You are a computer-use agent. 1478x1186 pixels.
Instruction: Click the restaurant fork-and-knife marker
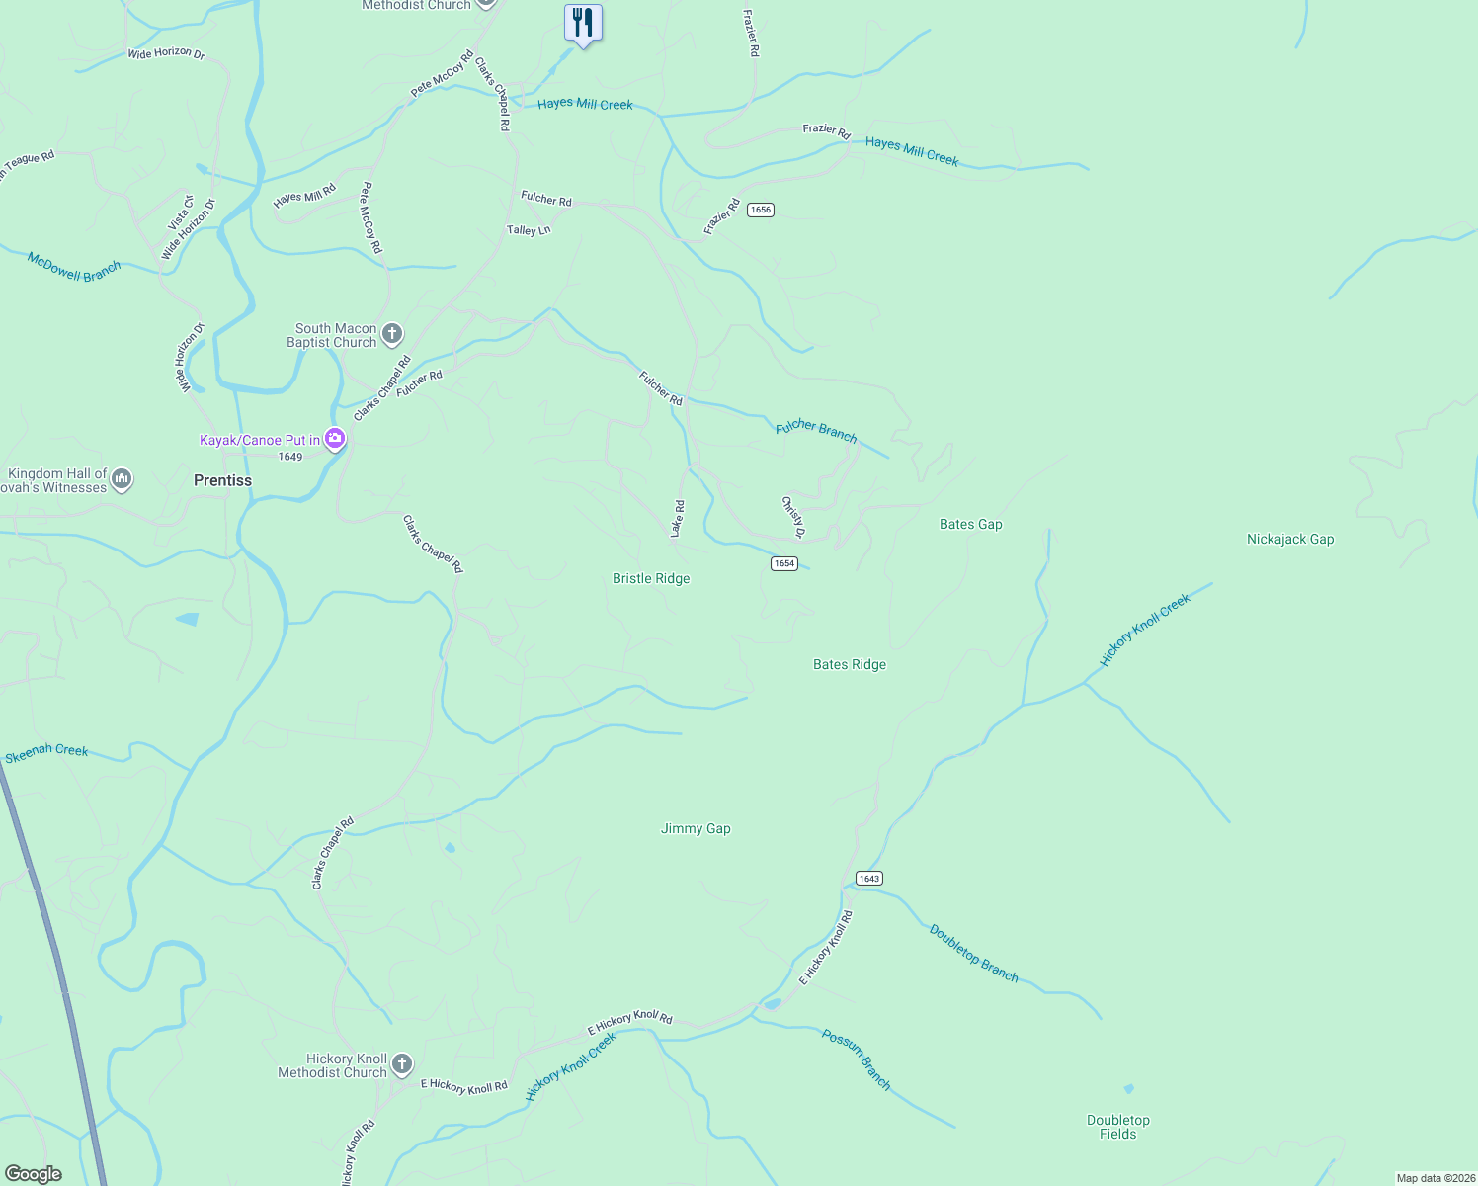(x=583, y=23)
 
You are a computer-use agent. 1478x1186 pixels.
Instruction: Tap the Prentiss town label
(x=222, y=480)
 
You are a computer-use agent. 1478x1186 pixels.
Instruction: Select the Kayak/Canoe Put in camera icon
(x=335, y=438)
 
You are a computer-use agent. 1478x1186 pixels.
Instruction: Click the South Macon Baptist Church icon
(x=392, y=334)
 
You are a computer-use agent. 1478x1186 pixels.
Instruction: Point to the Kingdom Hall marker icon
(x=122, y=479)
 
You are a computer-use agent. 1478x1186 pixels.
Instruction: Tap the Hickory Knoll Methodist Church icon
(x=401, y=1064)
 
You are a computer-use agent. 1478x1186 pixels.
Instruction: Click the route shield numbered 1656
(x=760, y=210)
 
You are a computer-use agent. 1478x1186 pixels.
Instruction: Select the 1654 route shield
(x=783, y=563)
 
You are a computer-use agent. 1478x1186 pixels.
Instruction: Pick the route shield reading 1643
(x=868, y=879)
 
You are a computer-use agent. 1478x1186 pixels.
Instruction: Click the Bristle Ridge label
(x=651, y=579)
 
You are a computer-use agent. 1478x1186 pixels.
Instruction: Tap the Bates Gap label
(x=970, y=525)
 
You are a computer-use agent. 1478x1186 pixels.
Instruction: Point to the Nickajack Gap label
(x=1290, y=540)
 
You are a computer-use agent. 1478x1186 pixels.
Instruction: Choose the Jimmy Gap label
(x=696, y=829)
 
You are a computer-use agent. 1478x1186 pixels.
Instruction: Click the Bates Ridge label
(x=850, y=665)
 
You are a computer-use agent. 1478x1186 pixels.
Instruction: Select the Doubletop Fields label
(x=1118, y=1127)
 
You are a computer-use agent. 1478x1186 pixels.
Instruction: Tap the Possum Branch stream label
(x=857, y=1059)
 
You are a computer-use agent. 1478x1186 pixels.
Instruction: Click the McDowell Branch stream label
(x=74, y=267)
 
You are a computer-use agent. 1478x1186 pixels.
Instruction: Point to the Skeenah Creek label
(x=46, y=752)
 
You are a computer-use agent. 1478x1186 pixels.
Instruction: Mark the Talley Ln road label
(x=529, y=230)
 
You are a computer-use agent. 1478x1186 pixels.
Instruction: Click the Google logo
(x=34, y=1174)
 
